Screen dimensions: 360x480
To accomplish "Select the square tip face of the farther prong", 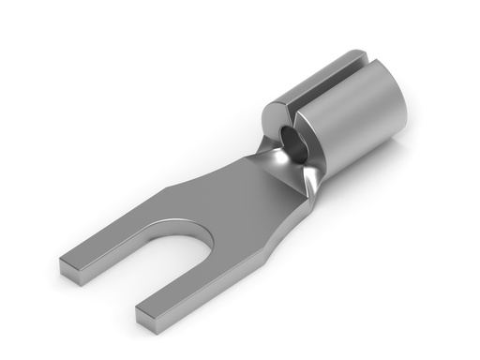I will click(70, 269).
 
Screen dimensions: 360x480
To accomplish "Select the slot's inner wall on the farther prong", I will click(141, 253).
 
